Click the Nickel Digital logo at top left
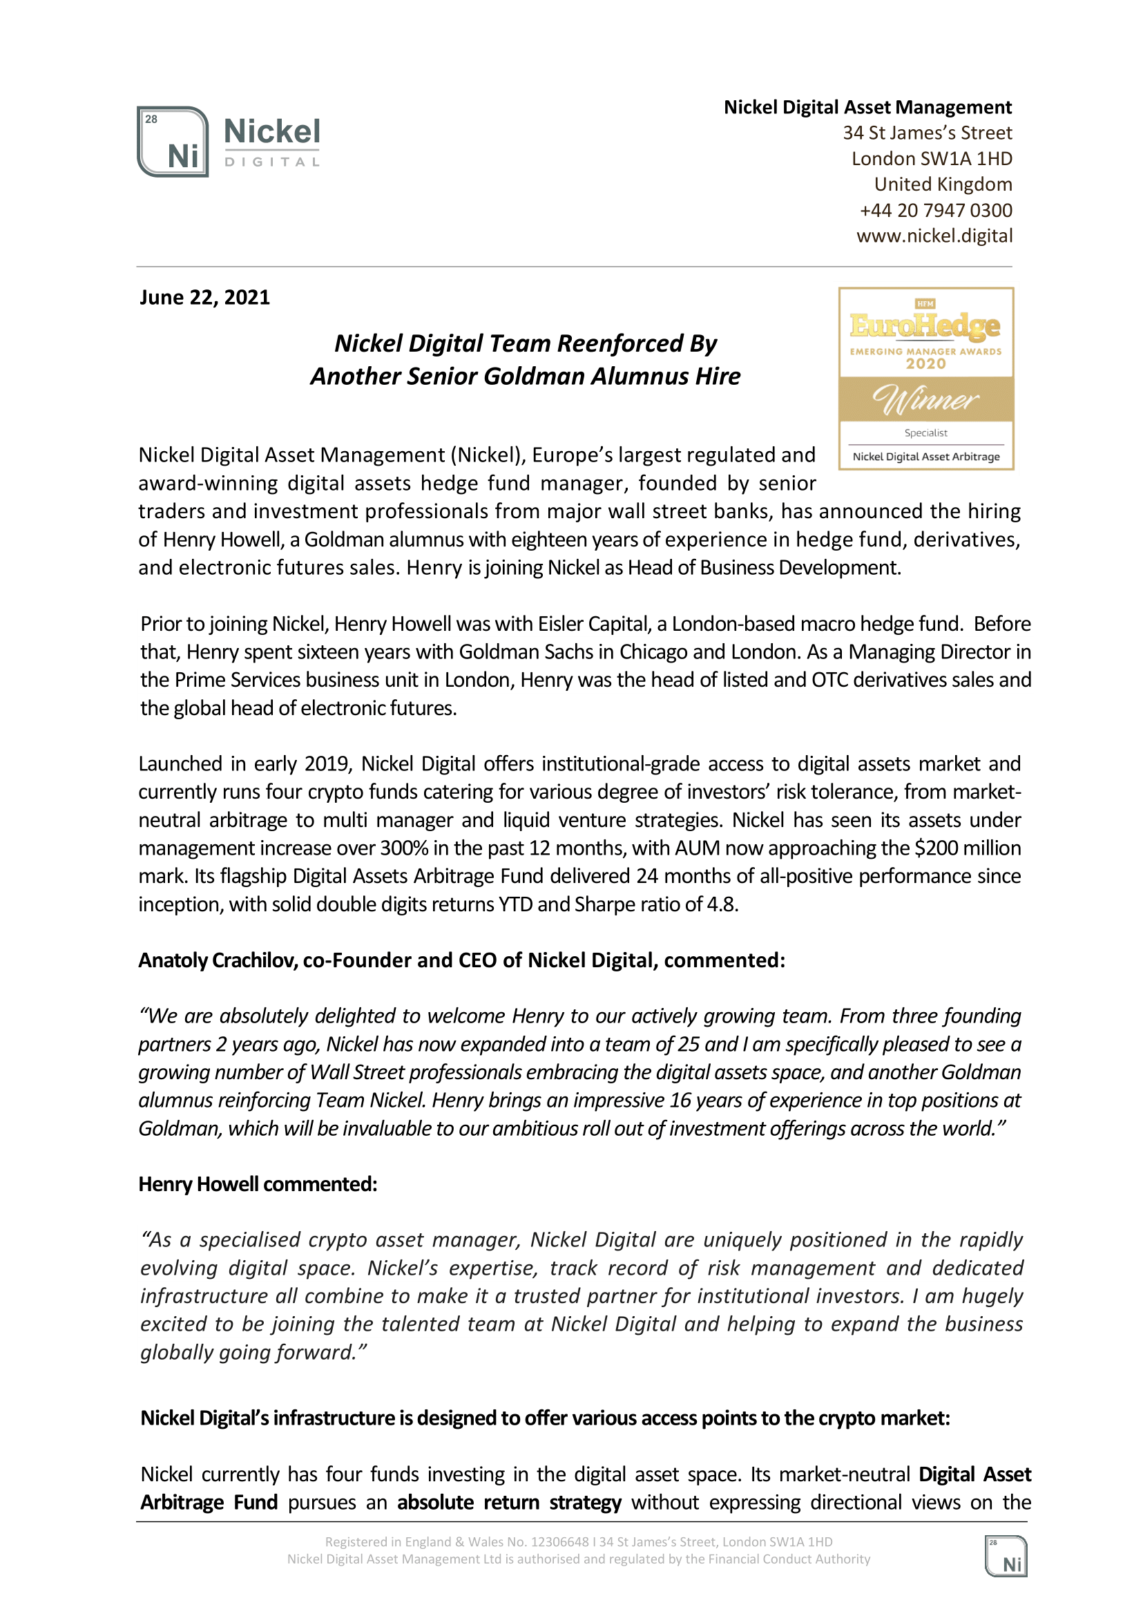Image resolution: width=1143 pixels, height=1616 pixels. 229,142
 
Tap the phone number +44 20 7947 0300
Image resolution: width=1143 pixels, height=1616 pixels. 935,211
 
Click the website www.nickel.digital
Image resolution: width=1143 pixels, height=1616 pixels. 934,236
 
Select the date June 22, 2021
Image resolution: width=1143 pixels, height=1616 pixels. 205,298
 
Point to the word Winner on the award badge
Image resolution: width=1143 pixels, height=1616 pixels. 925,399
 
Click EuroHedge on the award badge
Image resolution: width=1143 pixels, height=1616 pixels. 925,326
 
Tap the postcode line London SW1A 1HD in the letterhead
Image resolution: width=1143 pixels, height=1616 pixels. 932,159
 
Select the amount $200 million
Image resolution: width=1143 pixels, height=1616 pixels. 968,848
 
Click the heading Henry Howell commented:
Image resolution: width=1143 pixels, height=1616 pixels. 258,1184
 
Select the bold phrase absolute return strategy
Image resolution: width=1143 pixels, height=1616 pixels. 509,1503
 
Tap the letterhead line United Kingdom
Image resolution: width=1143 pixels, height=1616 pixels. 943,184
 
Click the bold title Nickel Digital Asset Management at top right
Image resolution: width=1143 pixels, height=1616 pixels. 867,108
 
